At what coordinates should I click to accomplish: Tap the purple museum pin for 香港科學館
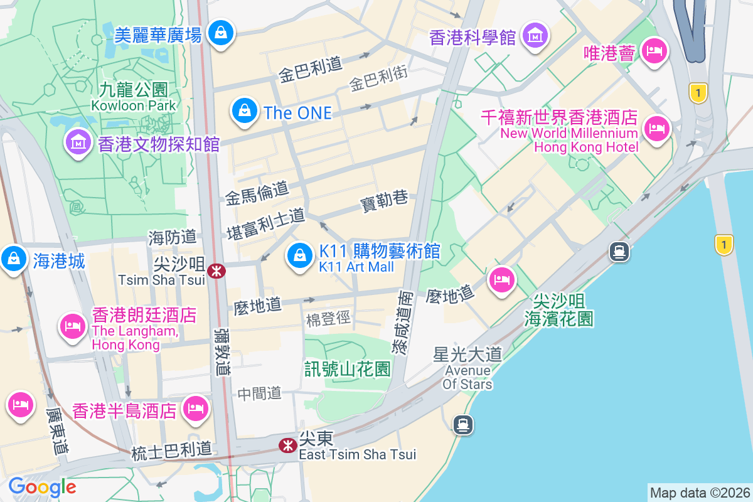coord(535,36)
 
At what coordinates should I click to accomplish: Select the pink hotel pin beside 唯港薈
coord(655,52)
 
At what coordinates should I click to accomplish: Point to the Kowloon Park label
coord(134,105)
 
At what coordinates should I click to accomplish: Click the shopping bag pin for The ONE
coord(245,111)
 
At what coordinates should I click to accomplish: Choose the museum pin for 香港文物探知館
coord(78,143)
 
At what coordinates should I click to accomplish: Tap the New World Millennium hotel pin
coord(657,129)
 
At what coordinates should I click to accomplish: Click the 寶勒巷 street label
coord(384,201)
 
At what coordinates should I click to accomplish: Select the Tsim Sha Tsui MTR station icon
coord(217,271)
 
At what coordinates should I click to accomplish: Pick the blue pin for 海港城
coord(13,259)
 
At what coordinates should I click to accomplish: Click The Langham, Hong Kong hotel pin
coord(73,326)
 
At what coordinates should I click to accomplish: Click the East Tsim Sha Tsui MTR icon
coord(288,446)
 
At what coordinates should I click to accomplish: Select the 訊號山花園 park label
coord(347,368)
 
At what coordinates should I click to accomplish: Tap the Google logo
coord(42,487)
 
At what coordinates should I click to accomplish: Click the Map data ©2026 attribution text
coord(700,493)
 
